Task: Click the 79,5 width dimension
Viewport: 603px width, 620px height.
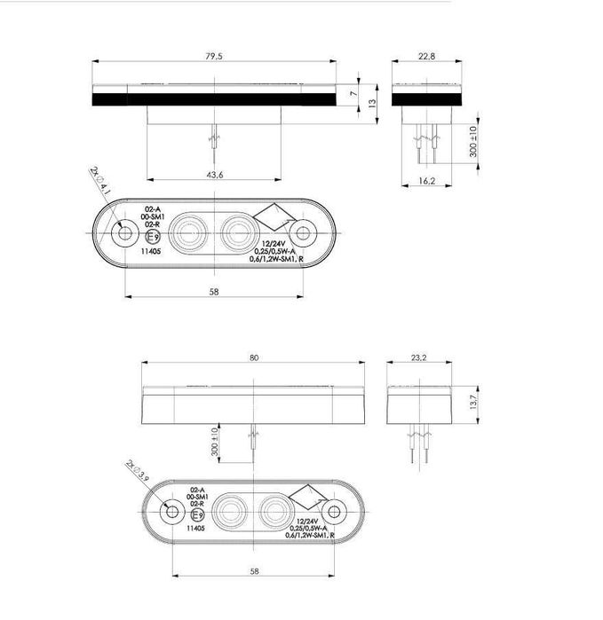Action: tap(214, 55)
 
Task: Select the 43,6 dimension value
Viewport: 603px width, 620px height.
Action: tap(214, 176)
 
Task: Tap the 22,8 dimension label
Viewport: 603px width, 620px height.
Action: tap(427, 55)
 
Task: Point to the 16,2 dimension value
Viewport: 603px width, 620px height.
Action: tap(427, 181)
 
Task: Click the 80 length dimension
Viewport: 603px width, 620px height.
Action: tap(254, 357)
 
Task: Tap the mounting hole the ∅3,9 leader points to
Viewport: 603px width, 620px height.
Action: tap(169, 513)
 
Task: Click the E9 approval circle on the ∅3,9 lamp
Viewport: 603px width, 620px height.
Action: tap(197, 515)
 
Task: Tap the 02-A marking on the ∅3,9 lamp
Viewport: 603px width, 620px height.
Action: tap(197, 491)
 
